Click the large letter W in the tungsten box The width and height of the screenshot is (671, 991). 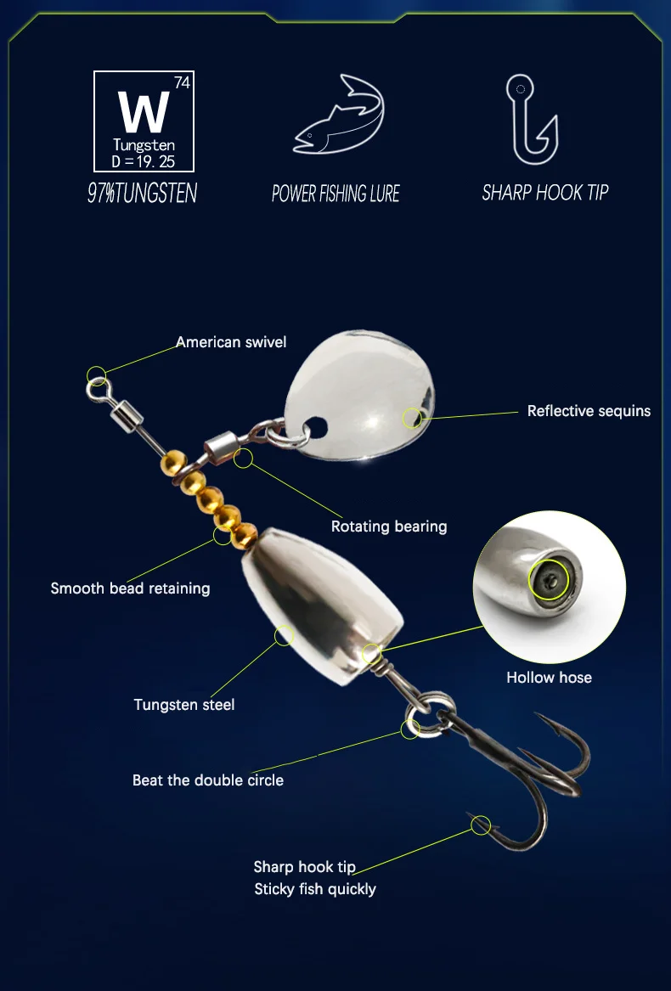tap(144, 112)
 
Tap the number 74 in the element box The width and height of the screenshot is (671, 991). tap(182, 82)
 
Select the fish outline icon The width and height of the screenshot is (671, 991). tap(339, 115)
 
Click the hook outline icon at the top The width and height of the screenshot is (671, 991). tap(532, 120)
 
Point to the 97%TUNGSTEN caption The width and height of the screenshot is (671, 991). tap(143, 193)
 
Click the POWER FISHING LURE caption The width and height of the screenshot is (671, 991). tap(335, 194)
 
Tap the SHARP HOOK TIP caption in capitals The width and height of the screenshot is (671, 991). tap(545, 192)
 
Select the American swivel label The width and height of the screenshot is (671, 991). tap(231, 342)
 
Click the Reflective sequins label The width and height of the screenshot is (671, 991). tap(589, 411)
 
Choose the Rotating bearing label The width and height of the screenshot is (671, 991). tap(389, 526)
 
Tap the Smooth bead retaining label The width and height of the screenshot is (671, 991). tap(130, 588)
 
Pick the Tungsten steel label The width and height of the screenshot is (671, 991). tap(184, 705)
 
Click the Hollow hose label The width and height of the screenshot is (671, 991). tap(549, 678)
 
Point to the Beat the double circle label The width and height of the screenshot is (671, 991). tap(208, 780)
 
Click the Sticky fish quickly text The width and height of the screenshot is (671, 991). tap(315, 889)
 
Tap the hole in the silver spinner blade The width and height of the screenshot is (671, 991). tap(316, 428)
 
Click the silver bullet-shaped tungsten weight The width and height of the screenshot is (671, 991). tap(322, 605)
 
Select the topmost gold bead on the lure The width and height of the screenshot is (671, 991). tap(173, 464)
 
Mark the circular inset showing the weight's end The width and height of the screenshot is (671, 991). tap(549, 587)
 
